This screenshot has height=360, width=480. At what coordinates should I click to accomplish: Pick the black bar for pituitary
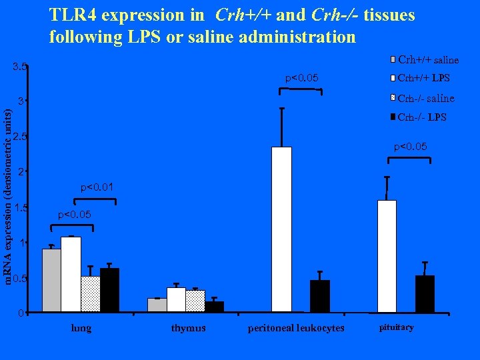425,294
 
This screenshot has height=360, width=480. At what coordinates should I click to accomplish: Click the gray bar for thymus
157,305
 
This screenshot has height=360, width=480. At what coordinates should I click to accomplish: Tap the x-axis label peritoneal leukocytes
296,328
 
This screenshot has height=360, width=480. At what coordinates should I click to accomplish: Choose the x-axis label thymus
188,328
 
